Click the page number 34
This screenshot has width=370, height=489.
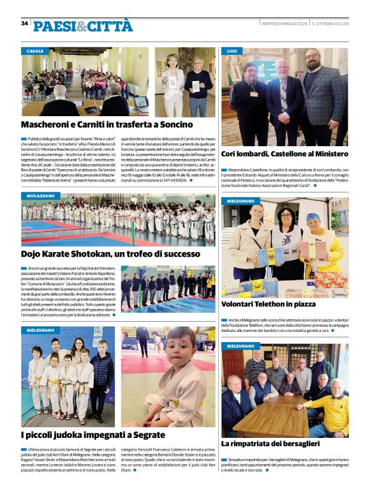coord(24,23)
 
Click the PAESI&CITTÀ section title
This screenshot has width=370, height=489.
coord(83,26)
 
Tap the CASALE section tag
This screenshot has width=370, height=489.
coord(36,50)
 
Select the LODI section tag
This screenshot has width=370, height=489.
coord(233,50)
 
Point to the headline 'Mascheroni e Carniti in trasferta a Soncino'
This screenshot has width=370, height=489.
coord(107,126)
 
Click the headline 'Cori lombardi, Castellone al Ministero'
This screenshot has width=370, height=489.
coord(285,154)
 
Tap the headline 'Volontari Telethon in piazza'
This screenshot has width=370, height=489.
coord(268,305)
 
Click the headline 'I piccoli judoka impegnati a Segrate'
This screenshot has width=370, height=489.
coord(93,435)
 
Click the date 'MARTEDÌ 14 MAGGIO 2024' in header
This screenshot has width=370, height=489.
coord(285,24)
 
